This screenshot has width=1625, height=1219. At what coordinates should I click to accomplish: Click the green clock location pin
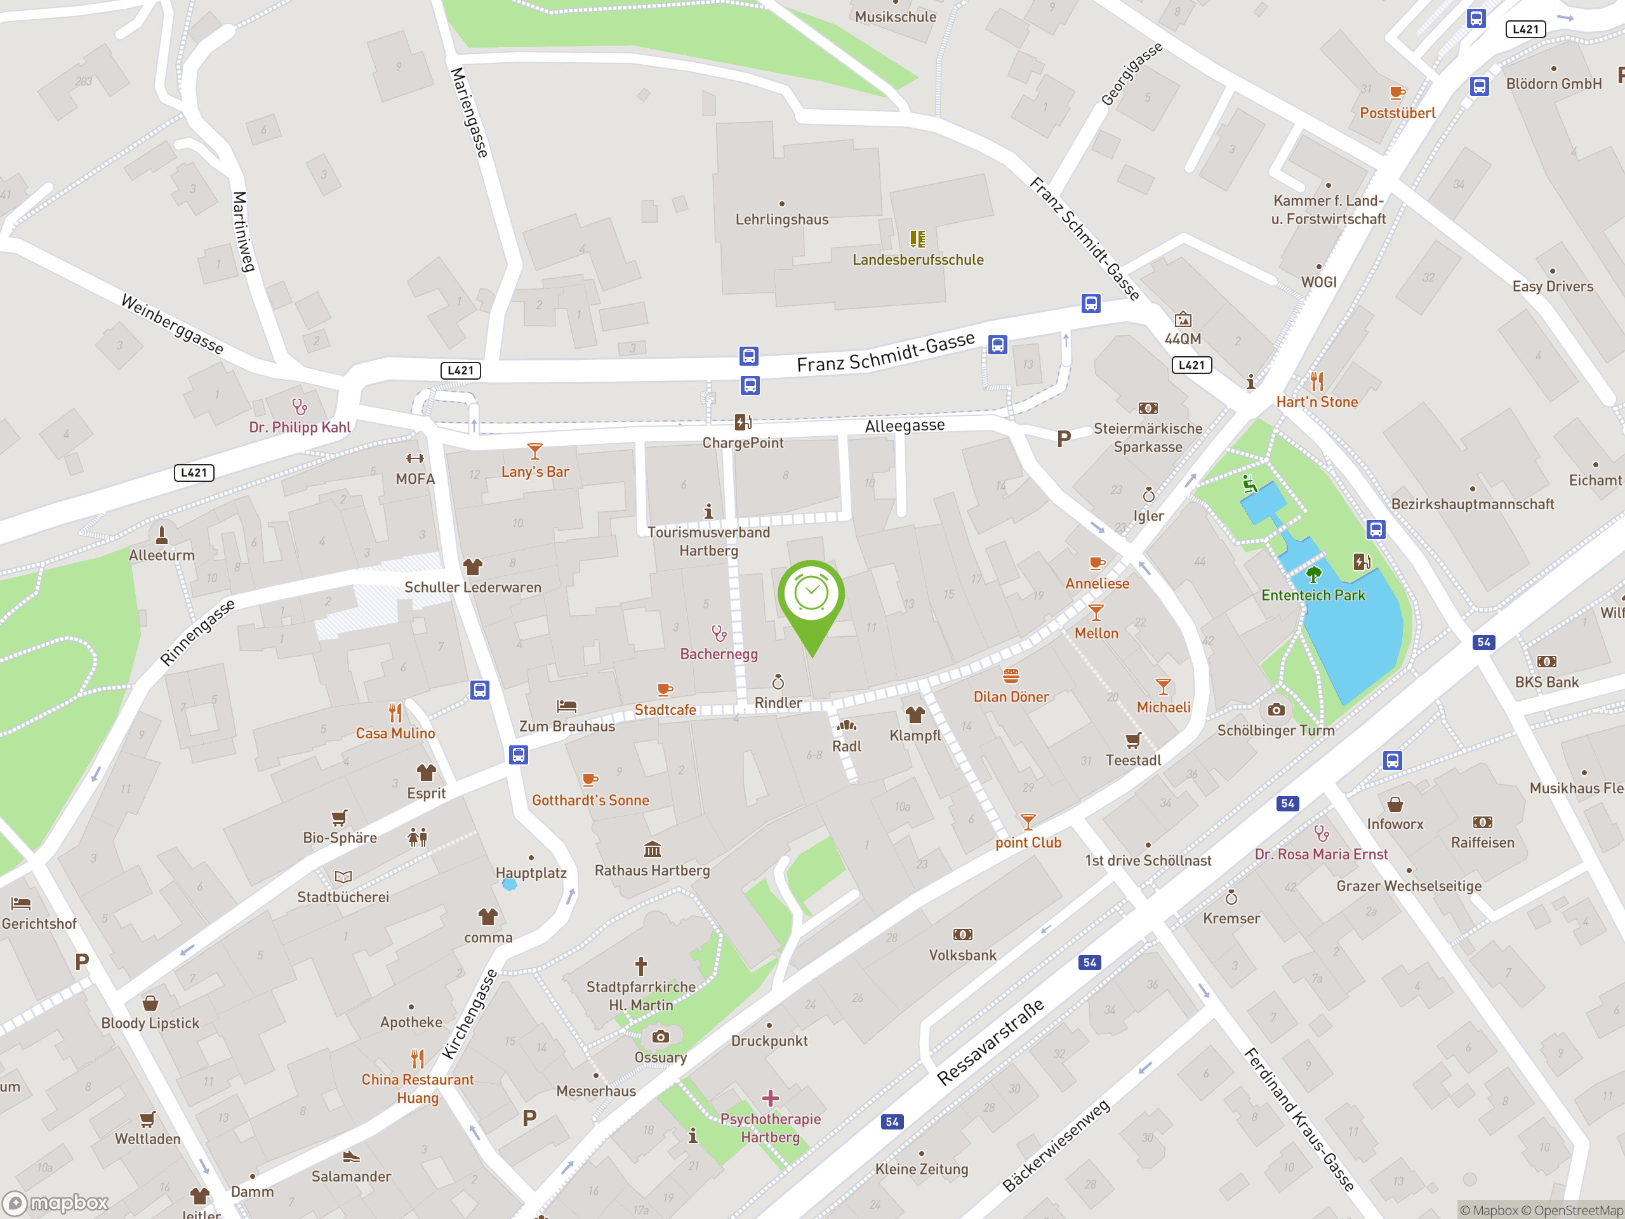click(811, 595)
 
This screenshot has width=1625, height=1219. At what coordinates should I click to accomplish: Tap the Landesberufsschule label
click(917, 260)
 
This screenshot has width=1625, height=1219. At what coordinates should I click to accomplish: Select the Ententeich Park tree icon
click(1313, 575)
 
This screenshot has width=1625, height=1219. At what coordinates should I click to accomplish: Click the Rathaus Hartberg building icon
click(652, 849)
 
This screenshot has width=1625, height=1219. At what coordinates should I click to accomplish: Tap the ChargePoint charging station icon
click(743, 422)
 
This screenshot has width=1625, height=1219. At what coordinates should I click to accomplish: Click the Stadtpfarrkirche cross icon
click(640, 965)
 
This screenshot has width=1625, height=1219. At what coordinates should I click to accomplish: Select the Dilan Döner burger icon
click(1011, 676)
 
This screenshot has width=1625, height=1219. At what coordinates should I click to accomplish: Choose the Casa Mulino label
click(395, 733)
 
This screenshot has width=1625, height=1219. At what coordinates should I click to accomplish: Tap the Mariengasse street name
click(470, 112)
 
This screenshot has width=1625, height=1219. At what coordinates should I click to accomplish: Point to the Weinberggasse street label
click(172, 324)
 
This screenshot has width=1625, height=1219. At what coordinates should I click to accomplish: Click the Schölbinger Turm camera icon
click(1276, 709)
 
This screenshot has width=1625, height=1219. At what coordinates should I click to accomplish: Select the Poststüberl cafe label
click(1397, 113)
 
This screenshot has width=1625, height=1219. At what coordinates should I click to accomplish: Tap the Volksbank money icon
click(962, 934)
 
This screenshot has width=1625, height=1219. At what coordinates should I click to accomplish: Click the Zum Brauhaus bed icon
click(566, 705)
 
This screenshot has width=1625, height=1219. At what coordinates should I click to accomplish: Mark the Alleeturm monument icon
click(162, 534)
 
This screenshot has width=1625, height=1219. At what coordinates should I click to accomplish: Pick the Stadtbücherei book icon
click(343, 876)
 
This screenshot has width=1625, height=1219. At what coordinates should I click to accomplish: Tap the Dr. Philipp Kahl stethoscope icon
click(299, 406)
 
